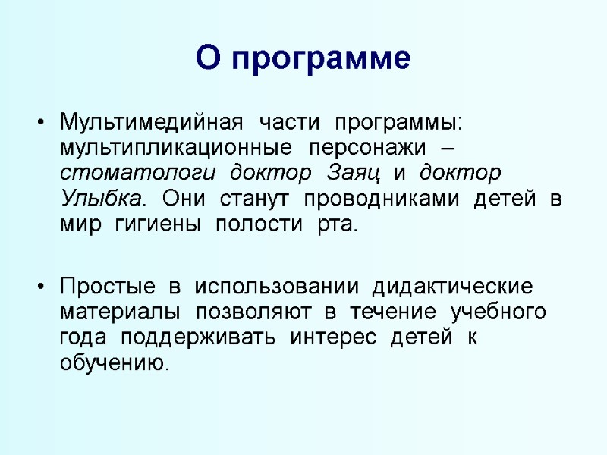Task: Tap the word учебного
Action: coord(498,313)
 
